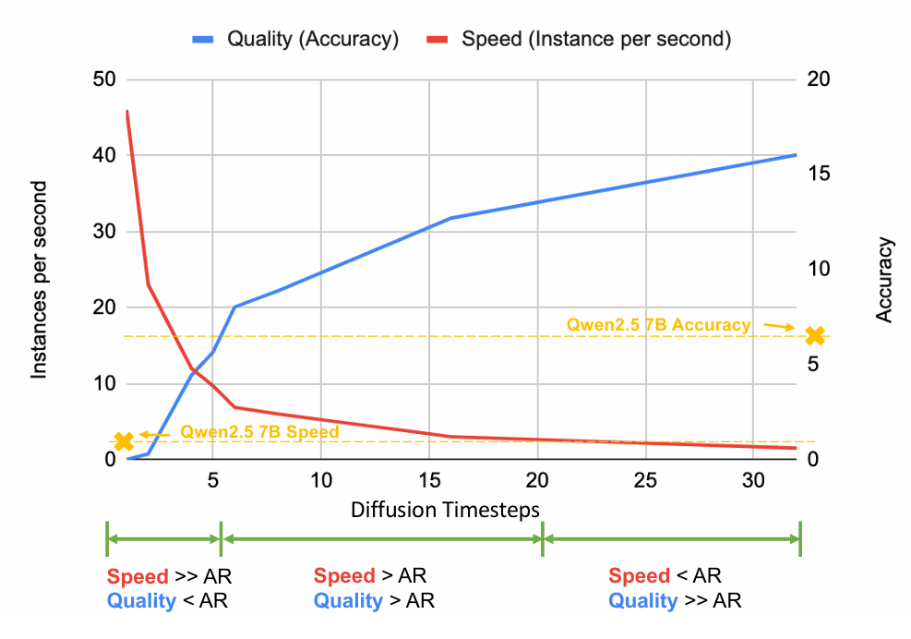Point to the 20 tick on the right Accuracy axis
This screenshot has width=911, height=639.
tap(820, 79)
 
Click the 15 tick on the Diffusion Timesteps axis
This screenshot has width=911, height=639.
tap(428, 481)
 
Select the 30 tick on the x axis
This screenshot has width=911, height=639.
tap(753, 481)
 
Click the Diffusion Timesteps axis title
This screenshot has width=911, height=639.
tap(445, 510)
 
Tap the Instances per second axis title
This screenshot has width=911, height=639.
tap(40, 280)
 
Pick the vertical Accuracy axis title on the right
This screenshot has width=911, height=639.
tap(884, 280)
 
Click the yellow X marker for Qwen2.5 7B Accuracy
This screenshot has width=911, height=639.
tap(814, 335)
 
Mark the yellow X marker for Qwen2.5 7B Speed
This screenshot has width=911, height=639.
tap(124, 441)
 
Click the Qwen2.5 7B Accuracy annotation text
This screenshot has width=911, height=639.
tap(658, 324)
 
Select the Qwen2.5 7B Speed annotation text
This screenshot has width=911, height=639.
tap(259, 431)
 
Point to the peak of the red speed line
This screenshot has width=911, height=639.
tap(126, 111)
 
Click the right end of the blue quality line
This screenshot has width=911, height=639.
tap(797, 155)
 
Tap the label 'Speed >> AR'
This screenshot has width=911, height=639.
tap(169, 577)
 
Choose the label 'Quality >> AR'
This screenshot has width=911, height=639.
tap(674, 601)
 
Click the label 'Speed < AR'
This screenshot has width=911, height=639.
tap(664, 577)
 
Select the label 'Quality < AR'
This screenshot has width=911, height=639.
tap(166, 601)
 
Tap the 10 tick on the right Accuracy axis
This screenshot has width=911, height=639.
tap(820, 270)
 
